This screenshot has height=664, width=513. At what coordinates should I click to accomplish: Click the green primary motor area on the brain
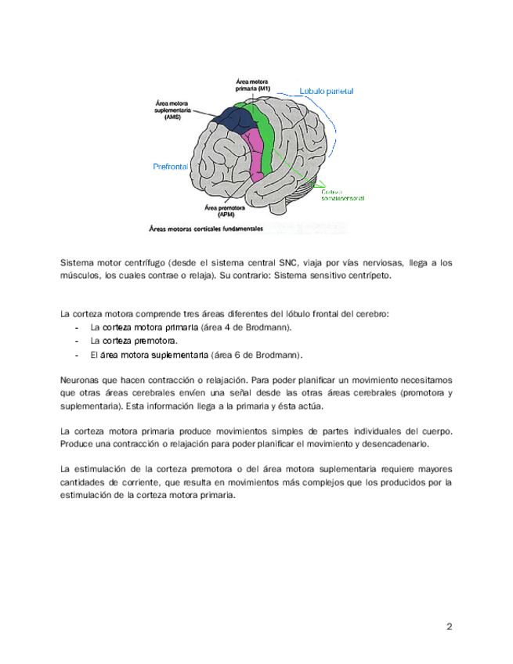pos(265,137)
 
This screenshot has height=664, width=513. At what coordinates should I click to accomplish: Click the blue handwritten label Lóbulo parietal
pos(327,92)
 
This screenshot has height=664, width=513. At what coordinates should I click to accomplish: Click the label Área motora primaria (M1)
pos(253,85)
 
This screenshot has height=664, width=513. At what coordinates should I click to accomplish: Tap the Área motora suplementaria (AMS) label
pos(173,109)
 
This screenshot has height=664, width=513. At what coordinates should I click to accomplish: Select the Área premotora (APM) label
pos(222,211)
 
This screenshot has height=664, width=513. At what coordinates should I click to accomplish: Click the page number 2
pos(450,626)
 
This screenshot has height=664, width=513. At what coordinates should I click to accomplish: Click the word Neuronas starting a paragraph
pos(80,377)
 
